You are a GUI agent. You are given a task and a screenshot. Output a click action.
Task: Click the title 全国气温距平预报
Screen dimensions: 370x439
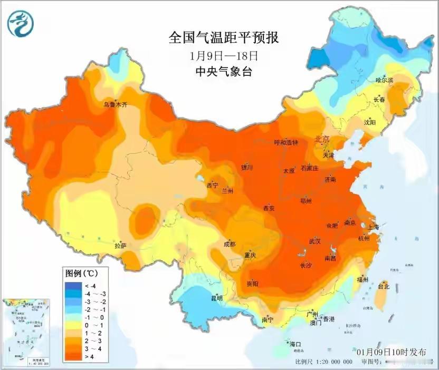(223, 38)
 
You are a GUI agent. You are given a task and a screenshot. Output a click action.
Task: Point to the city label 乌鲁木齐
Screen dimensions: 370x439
(115, 105)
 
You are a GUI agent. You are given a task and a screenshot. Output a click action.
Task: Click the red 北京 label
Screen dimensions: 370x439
(322, 140)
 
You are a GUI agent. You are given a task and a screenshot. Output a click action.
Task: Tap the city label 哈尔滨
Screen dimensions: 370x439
(384, 80)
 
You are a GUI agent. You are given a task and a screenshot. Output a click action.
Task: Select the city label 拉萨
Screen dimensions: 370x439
(120, 246)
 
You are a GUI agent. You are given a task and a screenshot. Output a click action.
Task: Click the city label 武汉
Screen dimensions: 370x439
(316, 241)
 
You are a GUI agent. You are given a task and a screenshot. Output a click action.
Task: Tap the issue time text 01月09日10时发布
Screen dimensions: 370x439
(391, 351)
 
